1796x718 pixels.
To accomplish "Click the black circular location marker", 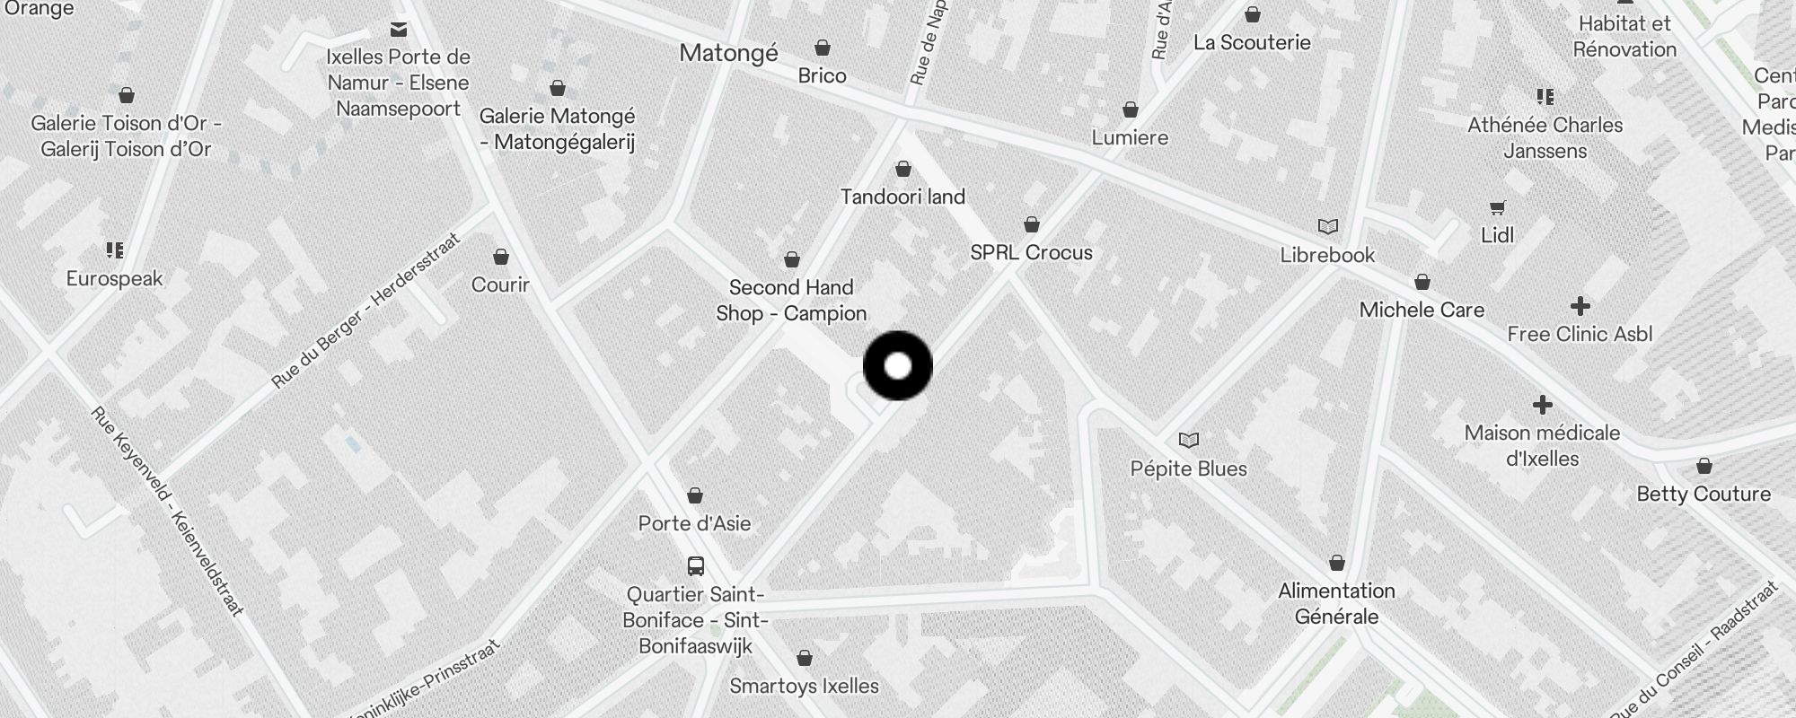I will pyautogui.click(x=898, y=366).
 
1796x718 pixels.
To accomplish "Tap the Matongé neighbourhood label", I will pyautogui.click(x=728, y=54).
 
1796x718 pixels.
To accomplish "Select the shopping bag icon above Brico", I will pyautogui.click(x=823, y=48).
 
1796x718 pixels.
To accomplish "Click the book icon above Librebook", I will pyautogui.click(x=1327, y=226).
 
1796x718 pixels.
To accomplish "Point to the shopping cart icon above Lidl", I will pyautogui.click(x=1497, y=208).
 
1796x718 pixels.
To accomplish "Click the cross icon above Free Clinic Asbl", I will pyautogui.click(x=1580, y=306).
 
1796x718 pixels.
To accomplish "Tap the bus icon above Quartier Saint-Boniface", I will pyautogui.click(x=696, y=566).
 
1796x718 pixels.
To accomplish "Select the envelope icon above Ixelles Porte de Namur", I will pyautogui.click(x=399, y=30).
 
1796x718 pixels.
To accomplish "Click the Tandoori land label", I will pyautogui.click(x=902, y=197).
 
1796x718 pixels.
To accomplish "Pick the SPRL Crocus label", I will pyautogui.click(x=1031, y=253).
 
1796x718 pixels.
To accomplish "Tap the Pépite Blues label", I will pyautogui.click(x=1188, y=468).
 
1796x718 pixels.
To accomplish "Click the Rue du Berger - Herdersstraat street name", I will pyautogui.click(x=365, y=311).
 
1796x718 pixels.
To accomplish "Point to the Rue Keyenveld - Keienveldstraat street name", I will pyautogui.click(x=167, y=512).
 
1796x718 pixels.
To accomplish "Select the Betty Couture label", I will pyautogui.click(x=1704, y=494).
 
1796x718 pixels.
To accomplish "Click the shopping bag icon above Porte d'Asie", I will pyautogui.click(x=695, y=495).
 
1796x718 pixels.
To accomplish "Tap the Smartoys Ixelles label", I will pyautogui.click(x=804, y=687).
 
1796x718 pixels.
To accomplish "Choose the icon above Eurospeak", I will pyautogui.click(x=114, y=250).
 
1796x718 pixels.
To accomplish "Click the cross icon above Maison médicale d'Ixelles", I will pyautogui.click(x=1543, y=405).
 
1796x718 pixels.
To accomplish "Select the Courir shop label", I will pyautogui.click(x=500, y=285).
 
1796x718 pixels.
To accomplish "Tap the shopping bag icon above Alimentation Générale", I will pyautogui.click(x=1337, y=563).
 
